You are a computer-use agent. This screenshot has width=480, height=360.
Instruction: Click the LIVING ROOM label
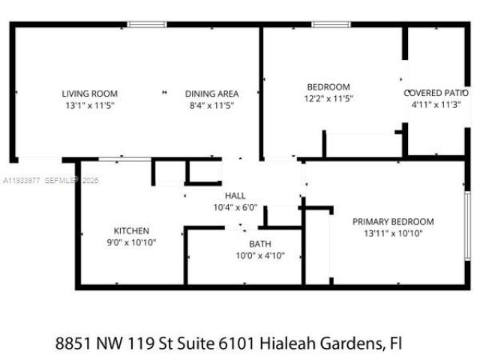pyautogui.click(x=89, y=94)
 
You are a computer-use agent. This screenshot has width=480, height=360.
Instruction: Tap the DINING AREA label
pyautogui.click(x=211, y=94)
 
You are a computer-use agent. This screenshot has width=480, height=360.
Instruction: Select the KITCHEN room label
pyautogui.click(x=131, y=230)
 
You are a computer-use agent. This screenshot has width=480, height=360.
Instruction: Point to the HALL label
pyautogui.click(x=225, y=196)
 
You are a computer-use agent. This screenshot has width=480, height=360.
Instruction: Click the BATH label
pyautogui.click(x=260, y=244)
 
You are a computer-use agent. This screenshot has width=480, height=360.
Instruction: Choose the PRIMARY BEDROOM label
pyautogui.click(x=393, y=221)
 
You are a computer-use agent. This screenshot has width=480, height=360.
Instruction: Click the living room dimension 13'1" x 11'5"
pyautogui.click(x=89, y=106)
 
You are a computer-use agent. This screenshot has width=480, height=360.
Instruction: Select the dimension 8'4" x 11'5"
pyautogui.click(x=211, y=106)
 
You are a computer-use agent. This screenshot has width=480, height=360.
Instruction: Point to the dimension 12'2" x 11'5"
pyautogui.click(x=328, y=98)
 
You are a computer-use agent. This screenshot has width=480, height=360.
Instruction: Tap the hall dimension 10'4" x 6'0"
pyautogui.click(x=225, y=207)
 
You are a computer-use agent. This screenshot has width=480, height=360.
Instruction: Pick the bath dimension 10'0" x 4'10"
pyautogui.click(x=260, y=256)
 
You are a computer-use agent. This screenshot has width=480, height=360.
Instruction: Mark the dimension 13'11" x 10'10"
pyautogui.click(x=393, y=233)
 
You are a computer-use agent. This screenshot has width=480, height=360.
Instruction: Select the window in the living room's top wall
pyautogui.click(x=146, y=25)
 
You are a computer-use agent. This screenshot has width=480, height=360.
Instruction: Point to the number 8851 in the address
pyautogui.click(x=73, y=344)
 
